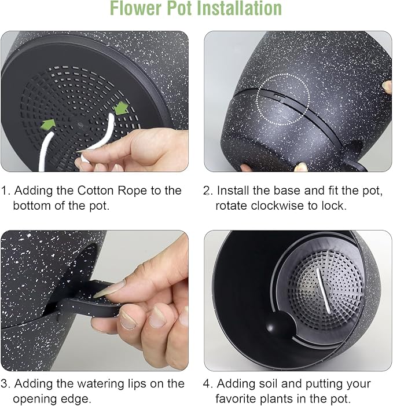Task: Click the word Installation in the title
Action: [x=236, y=9]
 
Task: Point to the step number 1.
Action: [x=5, y=191]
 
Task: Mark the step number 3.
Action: [x=5, y=383]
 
